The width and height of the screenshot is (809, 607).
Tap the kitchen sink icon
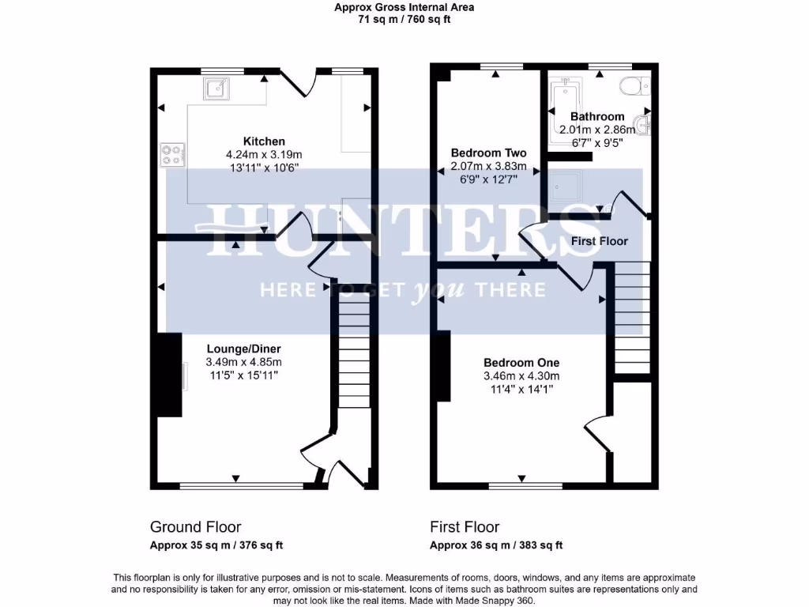[x=215, y=89]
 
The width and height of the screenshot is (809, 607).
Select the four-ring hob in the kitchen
[x=171, y=155]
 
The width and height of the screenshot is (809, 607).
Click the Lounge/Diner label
[x=243, y=349]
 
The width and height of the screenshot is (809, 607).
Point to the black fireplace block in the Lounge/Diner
[x=168, y=375]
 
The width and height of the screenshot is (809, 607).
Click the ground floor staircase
[x=354, y=348]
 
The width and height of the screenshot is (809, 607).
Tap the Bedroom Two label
[x=488, y=153]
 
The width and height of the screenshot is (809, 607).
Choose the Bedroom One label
[x=521, y=363]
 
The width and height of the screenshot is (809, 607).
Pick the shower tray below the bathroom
[x=567, y=186]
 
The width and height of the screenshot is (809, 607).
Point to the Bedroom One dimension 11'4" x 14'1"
[x=521, y=388]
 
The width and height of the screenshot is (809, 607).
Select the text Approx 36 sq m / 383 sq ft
[x=495, y=545]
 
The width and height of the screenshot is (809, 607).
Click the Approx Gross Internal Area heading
[x=404, y=8]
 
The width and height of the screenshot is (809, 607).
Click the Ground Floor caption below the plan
[x=195, y=526]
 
